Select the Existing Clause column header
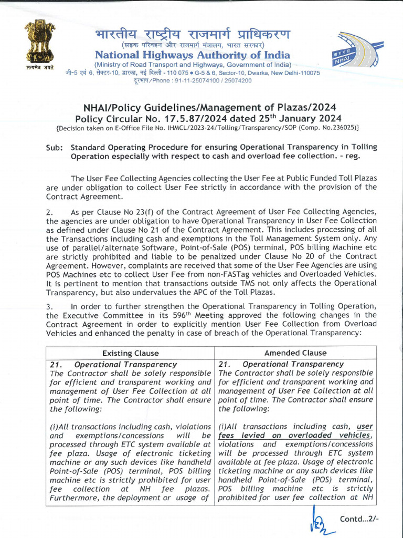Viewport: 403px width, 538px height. [x=130, y=353]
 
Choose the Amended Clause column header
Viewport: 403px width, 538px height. [x=295, y=353]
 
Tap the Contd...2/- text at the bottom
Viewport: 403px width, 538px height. [x=359, y=519]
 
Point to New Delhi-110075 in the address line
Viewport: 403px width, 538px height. [x=291, y=73]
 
